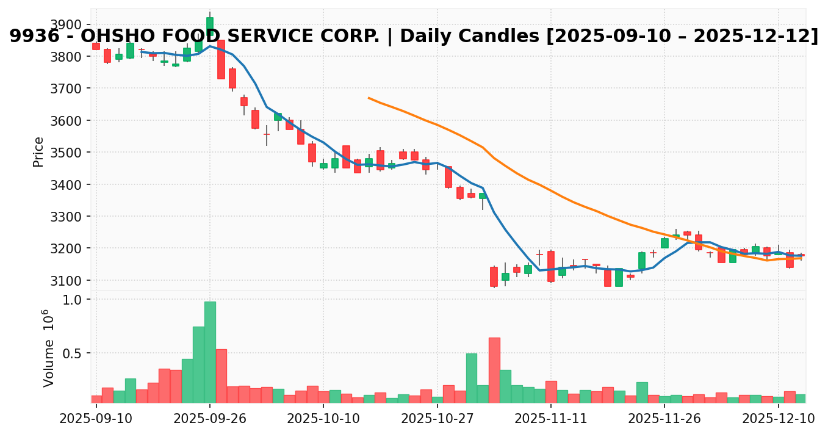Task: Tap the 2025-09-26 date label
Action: click(x=210, y=420)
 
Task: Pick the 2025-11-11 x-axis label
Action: click(x=551, y=420)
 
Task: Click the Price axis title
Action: click(x=38, y=151)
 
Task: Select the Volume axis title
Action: click(x=47, y=348)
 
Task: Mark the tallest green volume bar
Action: click(x=210, y=352)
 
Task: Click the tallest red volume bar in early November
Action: click(x=494, y=370)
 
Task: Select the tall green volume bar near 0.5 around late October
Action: click(x=472, y=378)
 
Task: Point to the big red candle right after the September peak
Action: click(x=221, y=59)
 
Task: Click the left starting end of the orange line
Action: click(x=369, y=98)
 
